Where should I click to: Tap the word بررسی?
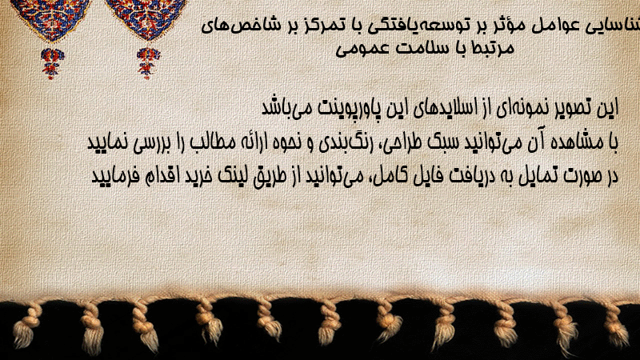(x=149, y=142)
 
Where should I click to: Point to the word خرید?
(x=198, y=176)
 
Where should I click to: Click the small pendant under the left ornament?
(x=52, y=64)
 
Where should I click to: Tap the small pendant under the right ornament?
(x=148, y=63)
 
